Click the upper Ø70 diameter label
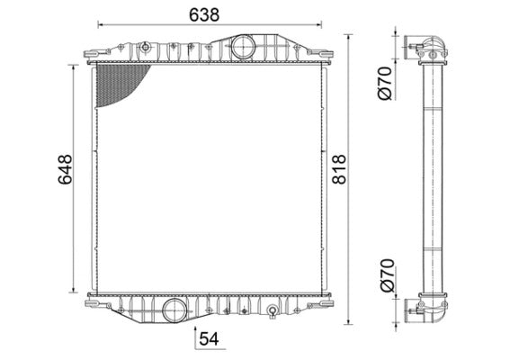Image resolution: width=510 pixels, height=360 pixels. (384, 84)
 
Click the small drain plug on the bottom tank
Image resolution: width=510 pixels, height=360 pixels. (271, 313)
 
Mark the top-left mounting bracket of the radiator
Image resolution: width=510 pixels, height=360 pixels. (94, 55)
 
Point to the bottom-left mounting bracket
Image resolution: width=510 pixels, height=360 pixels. (95, 304)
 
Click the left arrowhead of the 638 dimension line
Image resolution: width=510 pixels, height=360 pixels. (100, 25)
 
